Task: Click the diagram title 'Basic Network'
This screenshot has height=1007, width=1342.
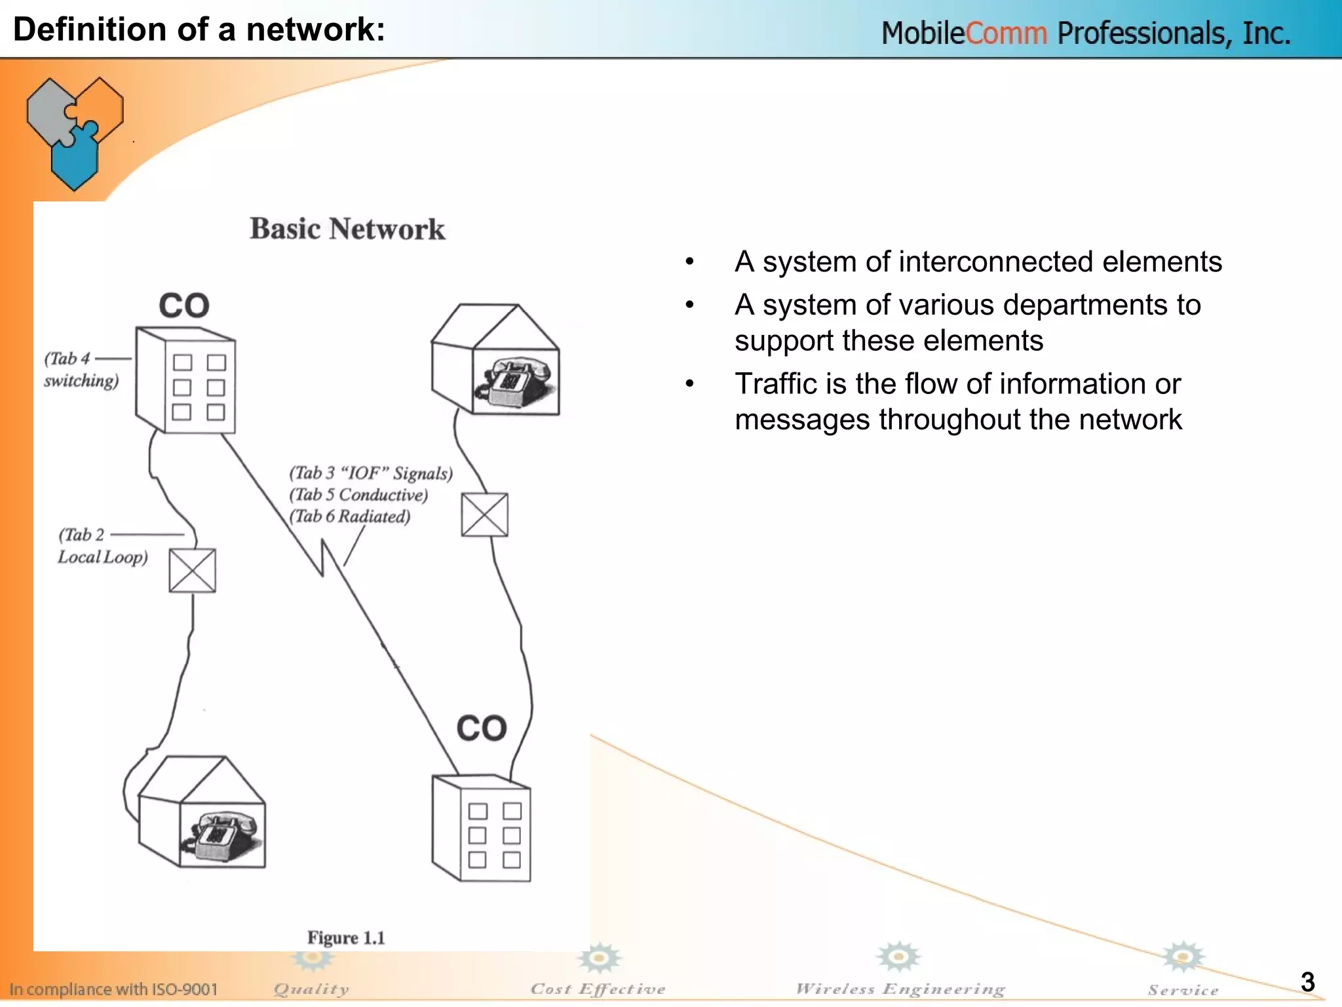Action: pyautogui.click(x=347, y=229)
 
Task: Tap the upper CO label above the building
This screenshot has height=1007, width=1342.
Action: pyautogui.click(x=184, y=306)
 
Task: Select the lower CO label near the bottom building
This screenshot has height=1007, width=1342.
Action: pyautogui.click(x=482, y=728)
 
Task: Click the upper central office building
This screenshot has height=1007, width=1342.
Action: pyautogui.click(x=185, y=382)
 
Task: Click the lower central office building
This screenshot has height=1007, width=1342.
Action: pyautogui.click(x=482, y=829)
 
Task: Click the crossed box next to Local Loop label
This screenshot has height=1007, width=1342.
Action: pyautogui.click(x=192, y=570)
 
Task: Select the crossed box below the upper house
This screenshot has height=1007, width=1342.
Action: pyautogui.click(x=484, y=515)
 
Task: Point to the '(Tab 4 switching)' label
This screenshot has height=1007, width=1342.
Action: pyautogui.click(x=81, y=370)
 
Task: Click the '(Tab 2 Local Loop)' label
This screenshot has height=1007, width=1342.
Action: pyautogui.click(x=102, y=546)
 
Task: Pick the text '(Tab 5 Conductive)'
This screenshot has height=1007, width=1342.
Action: pyautogui.click(x=358, y=495)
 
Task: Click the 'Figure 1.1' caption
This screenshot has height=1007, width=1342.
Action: pyautogui.click(x=346, y=938)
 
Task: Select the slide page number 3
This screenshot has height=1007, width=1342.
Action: pyautogui.click(x=1307, y=982)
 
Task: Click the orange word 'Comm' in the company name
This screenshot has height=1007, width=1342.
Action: pyautogui.click(x=1006, y=33)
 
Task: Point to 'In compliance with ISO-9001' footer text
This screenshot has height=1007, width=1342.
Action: pyautogui.click(x=113, y=989)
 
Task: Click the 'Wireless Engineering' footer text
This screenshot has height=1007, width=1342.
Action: pyautogui.click(x=900, y=989)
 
